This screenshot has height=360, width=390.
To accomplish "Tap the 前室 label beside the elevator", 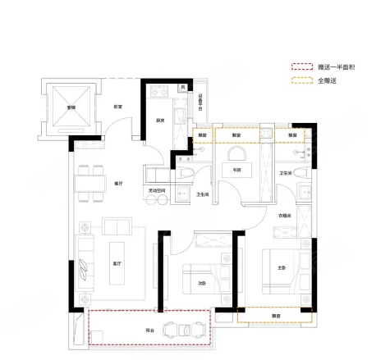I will coord(118,107).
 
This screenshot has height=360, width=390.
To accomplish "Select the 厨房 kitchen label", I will coord(162,120).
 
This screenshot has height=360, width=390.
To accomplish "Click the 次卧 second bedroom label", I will coord(202,284).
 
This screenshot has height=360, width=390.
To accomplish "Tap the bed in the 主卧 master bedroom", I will coord(288,268).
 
